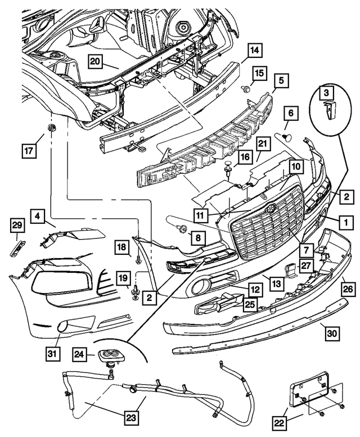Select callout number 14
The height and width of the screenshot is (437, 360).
254,51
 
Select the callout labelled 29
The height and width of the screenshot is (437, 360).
18,226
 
